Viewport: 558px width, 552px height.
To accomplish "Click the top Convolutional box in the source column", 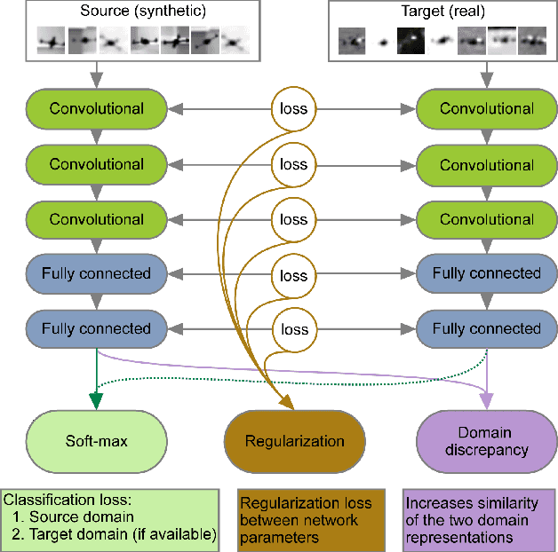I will tap(97, 109).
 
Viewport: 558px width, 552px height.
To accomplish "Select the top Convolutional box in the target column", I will tap(487, 109).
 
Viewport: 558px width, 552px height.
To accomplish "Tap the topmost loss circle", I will tap(294, 109).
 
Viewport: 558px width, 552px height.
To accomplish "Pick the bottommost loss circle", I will tap(294, 329).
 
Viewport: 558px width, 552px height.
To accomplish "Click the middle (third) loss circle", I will tap(294, 219).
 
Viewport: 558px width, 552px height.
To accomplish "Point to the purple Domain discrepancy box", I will tap(487, 440).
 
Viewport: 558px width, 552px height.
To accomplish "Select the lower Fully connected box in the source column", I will tap(97, 328).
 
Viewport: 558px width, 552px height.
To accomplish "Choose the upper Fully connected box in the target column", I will tap(487, 273).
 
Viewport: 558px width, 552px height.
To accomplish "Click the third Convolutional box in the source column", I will tap(97, 219).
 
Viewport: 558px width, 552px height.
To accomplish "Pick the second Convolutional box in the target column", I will tap(487, 165).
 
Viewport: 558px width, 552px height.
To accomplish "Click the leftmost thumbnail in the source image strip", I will tap(51, 41).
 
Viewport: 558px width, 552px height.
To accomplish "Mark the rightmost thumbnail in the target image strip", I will tap(532, 41).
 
